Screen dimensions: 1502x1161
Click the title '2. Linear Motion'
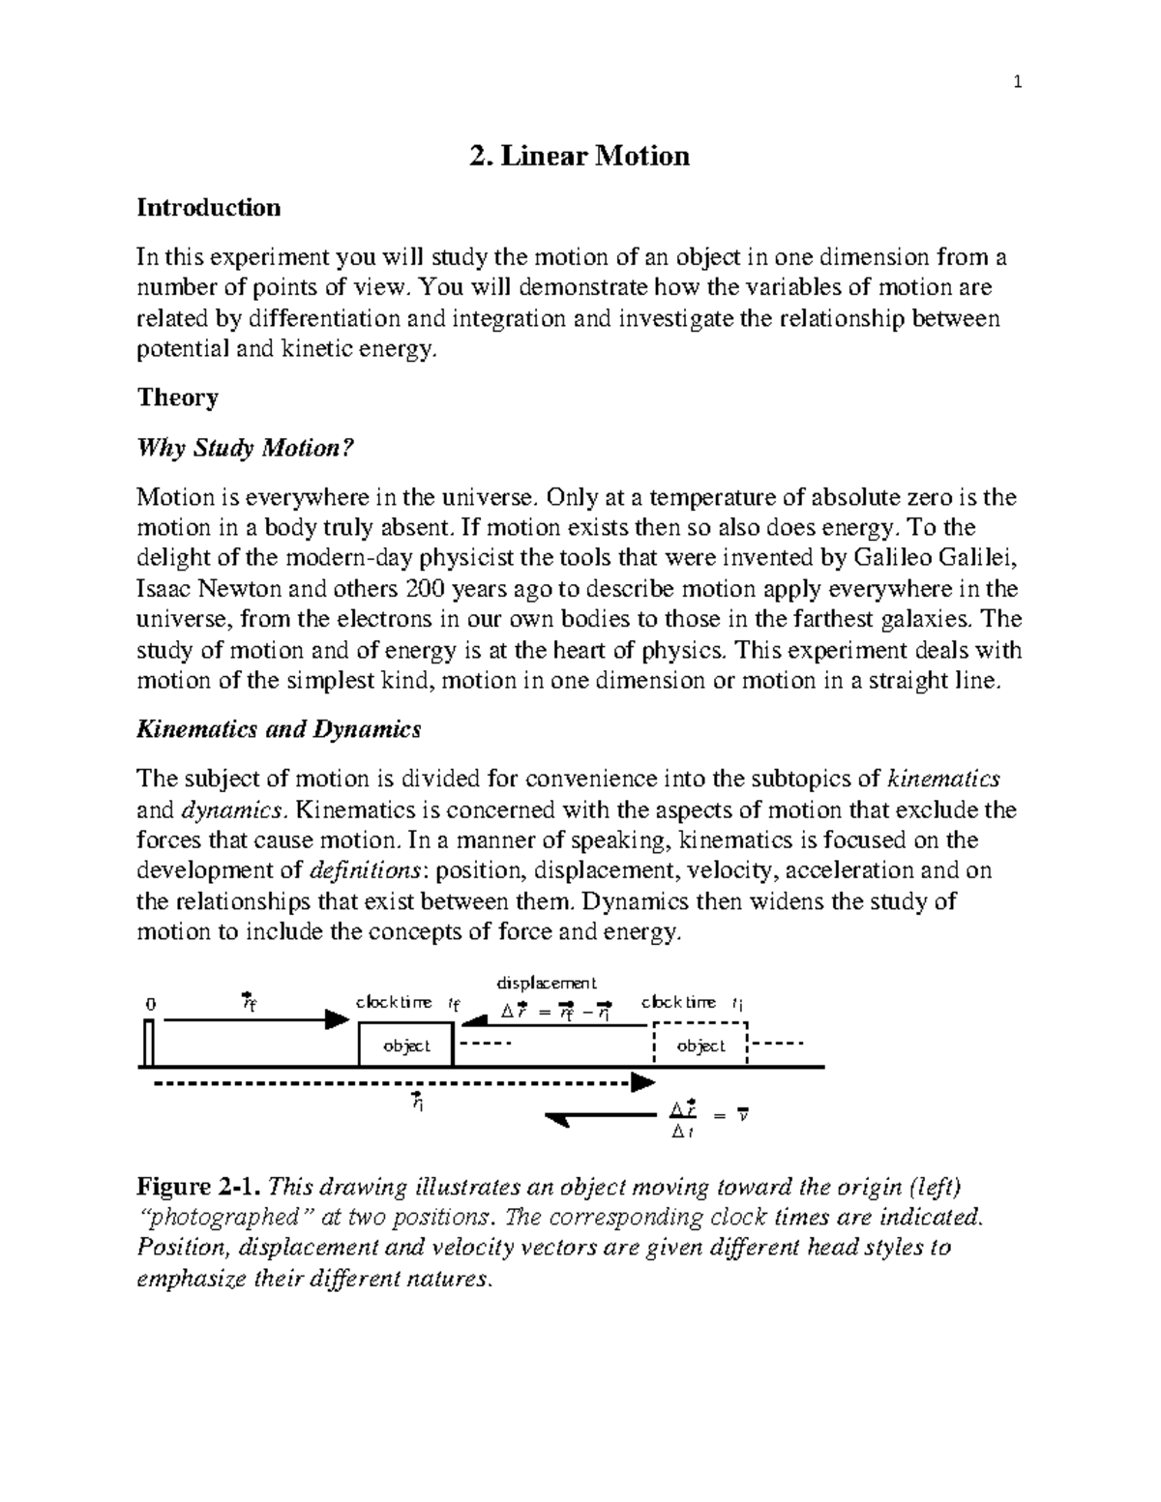(580, 156)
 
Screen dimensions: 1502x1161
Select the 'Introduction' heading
(209, 208)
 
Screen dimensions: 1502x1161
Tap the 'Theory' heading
(178, 398)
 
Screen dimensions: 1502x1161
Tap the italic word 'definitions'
(369, 870)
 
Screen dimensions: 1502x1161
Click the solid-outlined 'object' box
(405, 1046)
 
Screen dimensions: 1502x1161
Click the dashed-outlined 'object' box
(700, 1046)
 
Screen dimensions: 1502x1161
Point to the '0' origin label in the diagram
(150, 1004)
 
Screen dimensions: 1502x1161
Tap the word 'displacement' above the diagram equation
(547, 983)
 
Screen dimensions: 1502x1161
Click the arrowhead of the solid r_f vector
(337, 1019)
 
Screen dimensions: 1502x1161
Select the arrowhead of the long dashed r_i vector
(642, 1082)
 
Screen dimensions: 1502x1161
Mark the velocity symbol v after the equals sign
(742, 1115)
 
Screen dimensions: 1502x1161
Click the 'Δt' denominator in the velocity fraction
(683, 1132)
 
